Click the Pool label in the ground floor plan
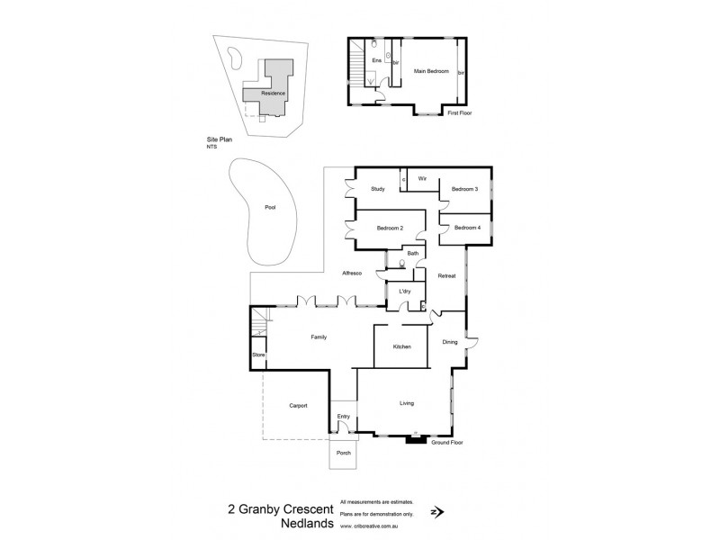(270, 208)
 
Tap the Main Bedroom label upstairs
(430, 69)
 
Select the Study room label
(378, 189)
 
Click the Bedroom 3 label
(464, 189)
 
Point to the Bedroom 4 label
(466, 228)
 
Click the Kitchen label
(401, 346)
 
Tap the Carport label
(298, 406)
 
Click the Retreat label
(447, 274)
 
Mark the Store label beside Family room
(258, 355)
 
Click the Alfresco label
(351, 273)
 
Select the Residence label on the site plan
(274, 93)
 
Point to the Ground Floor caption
(446, 444)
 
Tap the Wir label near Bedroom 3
(421, 179)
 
